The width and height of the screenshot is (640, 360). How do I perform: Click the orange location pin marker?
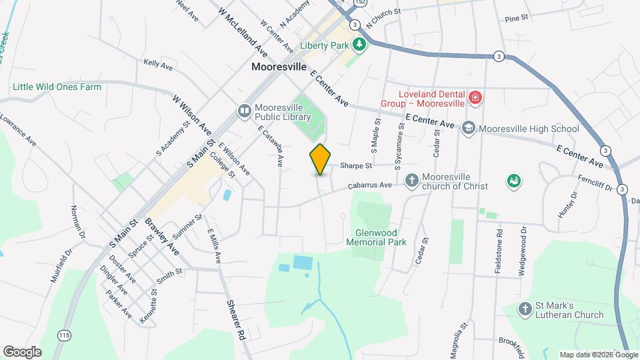click(320, 159)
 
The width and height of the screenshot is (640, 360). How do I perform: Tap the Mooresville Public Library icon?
click(245, 110)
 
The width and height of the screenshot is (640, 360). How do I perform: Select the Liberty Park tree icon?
click(360, 45)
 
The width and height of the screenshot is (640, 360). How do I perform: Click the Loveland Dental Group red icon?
click(475, 99)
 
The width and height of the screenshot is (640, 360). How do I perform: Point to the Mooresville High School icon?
click(469, 128)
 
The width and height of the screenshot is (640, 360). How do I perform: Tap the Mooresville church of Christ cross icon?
click(412, 179)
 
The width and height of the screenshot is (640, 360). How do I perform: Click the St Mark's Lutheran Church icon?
click(526, 309)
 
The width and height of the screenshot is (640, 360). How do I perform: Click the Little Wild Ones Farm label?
click(57, 87)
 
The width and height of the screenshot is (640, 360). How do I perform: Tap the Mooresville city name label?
click(279, 67)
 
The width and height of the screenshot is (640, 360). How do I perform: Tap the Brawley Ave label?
click(163, 237)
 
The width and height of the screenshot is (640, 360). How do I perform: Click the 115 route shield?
click(65, 333)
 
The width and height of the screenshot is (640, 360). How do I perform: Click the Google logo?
click(21, 351)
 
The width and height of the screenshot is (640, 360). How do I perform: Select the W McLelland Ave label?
click(242, 32)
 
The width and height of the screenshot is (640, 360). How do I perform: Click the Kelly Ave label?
click(158, 64)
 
